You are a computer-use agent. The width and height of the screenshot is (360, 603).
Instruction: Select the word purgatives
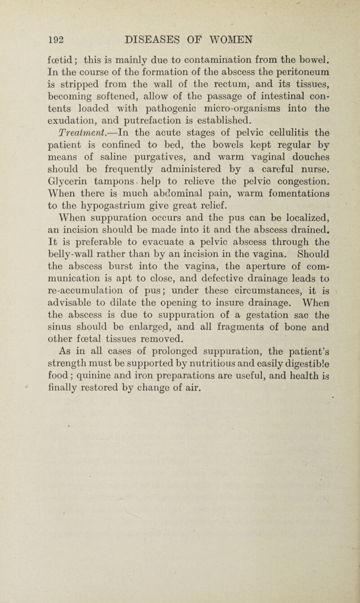[x=156, y=205]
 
